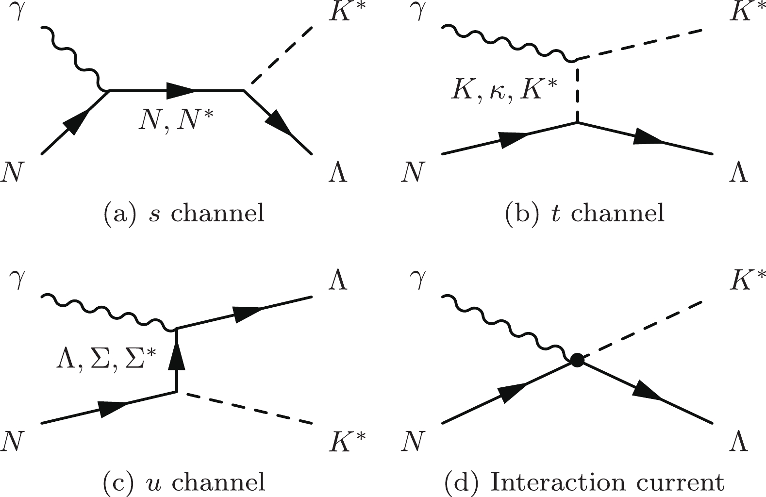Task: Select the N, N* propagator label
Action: (176, 119)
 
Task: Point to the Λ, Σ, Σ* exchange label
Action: (106, 362)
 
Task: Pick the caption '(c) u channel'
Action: (184, 482)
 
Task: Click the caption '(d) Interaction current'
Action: (584, 482)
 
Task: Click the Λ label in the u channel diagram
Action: (338, 279)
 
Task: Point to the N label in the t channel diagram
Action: (414, 172)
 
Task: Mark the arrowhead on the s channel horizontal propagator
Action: (180, 91)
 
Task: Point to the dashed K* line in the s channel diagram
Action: (282, 55)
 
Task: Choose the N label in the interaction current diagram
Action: (414, 441)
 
